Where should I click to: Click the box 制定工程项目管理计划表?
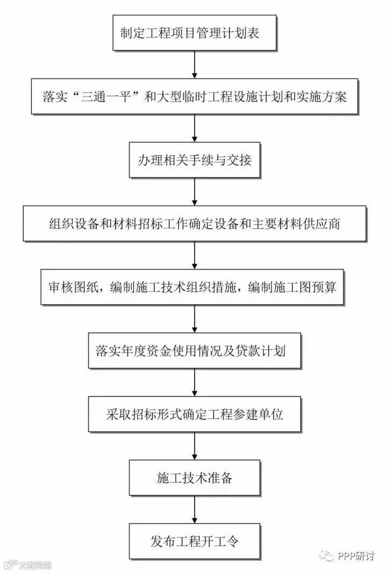point(194,33)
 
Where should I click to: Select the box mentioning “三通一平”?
point(194,97)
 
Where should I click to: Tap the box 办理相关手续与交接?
point(194,160)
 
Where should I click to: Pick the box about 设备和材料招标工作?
point(194,223)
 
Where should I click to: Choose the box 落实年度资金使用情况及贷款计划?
point(194,351)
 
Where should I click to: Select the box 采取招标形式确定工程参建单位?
point(194,415)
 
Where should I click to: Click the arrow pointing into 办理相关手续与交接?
point(194,128)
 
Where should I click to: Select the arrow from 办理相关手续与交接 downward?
point(194,192)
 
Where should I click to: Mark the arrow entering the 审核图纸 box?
point(194,255)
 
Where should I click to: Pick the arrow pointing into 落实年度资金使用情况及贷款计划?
point(194,319)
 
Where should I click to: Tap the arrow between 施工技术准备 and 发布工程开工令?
point(194,509)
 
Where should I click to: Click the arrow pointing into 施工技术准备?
point(194,446)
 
